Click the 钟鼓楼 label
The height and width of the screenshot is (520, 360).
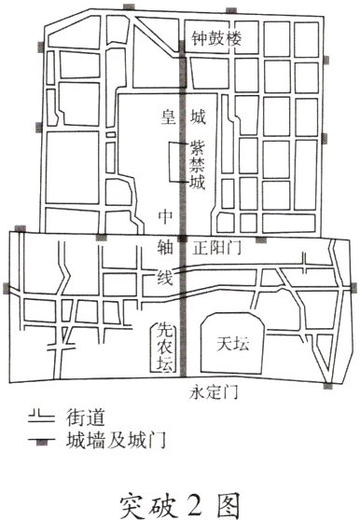(215, 40)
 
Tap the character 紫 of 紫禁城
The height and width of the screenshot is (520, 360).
(198, 147)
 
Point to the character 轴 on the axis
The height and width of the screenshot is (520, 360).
(167, 249)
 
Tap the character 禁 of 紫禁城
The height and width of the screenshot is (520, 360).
(198, 165)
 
